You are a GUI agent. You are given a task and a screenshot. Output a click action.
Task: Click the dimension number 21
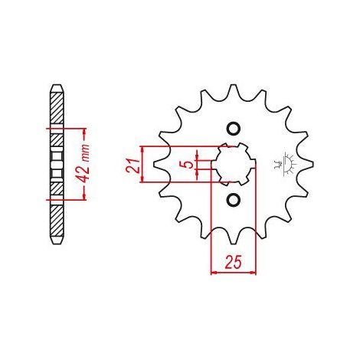[x=133, y=165]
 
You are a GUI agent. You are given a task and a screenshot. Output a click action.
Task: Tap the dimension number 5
[x=188, y=165]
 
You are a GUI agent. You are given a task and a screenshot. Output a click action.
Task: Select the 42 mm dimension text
[x=84, y=163]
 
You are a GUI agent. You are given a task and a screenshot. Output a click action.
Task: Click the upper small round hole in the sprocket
[x=234, y=129]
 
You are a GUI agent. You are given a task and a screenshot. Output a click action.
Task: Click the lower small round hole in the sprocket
[x=234, y=199]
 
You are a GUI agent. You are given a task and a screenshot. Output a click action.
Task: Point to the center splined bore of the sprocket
[x=234, y=164]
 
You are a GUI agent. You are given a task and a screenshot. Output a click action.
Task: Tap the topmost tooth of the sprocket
[x=233, y=90]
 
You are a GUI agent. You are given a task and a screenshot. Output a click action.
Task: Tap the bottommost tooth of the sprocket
[x=234, y=239]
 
